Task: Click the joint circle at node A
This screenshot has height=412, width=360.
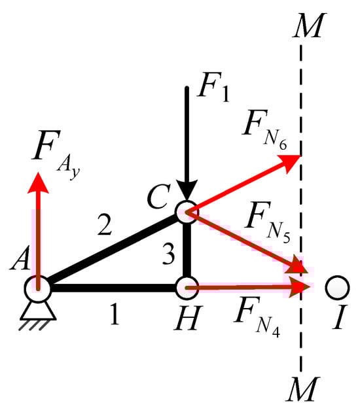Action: click(x=37, y=286)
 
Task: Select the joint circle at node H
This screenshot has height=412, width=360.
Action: click(x=186, y=286)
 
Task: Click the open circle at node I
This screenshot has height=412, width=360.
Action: click(x=337, y=286)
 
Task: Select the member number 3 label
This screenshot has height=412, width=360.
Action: click(x=168, y=256)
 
